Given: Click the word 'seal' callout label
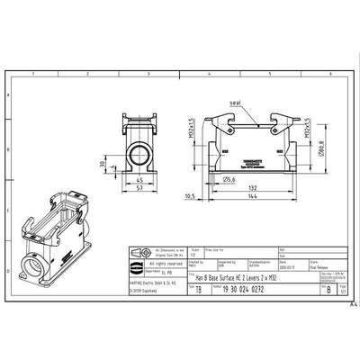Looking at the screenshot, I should pyautogui.click(x=237, y=103).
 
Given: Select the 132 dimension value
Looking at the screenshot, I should pyautogui.click(x=245, y=186).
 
